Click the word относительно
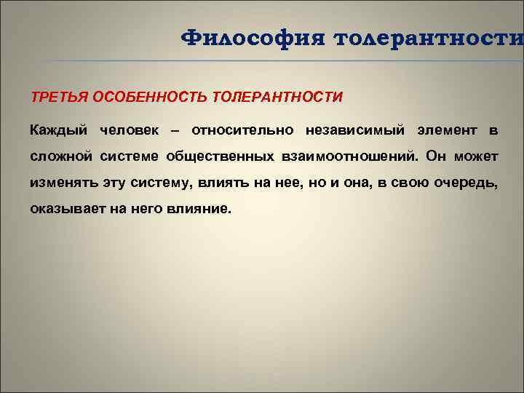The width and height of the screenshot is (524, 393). pyautogui.click(x=242, y=131)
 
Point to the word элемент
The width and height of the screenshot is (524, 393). pyautogui.click(x=447, y=131)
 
